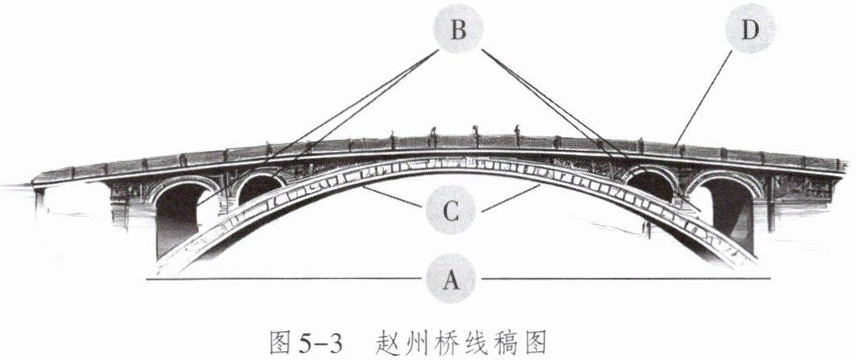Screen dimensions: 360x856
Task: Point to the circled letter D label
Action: pyautogui.click(x=750, y=31)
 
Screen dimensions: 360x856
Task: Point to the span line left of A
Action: pyautogui.click(x=282, y=279)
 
